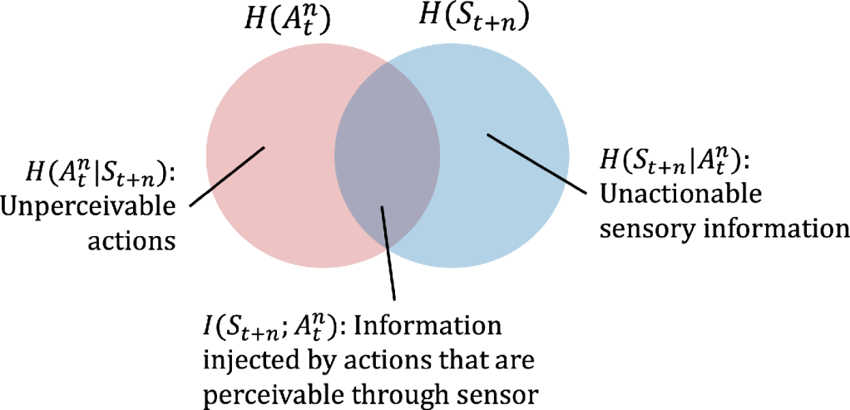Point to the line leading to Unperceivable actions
click(x=226, y=176)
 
